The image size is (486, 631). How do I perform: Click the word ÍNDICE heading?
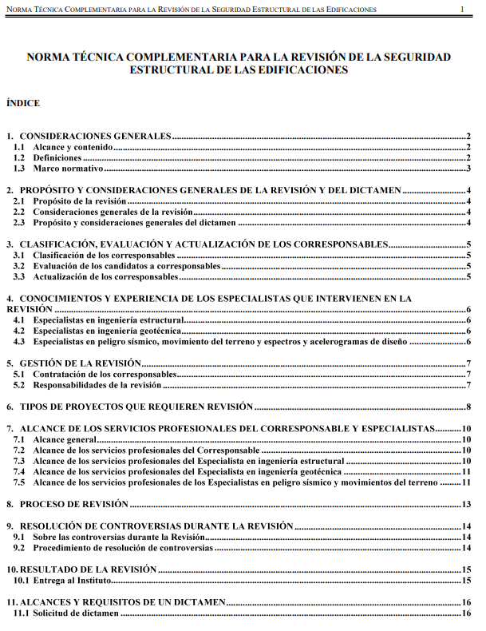tap(22, 103)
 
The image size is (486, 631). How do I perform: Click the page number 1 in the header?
tap(463, 9)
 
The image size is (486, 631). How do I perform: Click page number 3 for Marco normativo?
tap(469, 169)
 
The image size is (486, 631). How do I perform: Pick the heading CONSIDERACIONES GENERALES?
tap(96, 137)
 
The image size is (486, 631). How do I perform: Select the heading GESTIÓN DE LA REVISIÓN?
tap(81, 363)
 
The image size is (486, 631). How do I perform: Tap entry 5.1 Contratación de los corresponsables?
tap(105, 375)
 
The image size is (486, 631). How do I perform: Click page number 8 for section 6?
tap(469, 407)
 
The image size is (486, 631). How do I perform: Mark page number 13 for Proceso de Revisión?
tap(467, 504)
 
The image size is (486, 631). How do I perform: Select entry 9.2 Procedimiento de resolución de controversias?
tap(123, 548)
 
